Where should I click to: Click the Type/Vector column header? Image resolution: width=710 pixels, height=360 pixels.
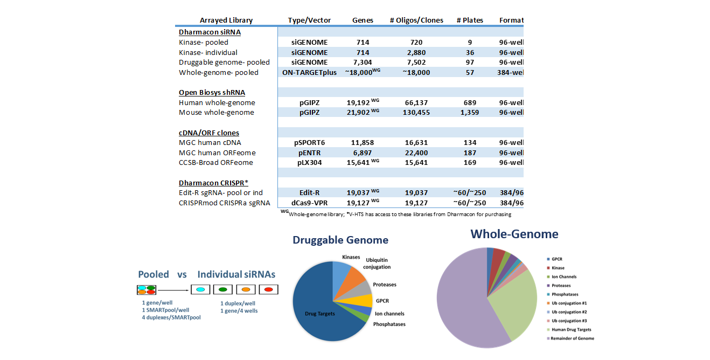click(309, 20)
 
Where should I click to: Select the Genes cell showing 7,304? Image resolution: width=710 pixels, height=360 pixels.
click(363, 63)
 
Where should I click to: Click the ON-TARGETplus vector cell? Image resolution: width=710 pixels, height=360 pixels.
click(309, 72)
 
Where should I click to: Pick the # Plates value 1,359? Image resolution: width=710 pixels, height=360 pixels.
click(469, 113)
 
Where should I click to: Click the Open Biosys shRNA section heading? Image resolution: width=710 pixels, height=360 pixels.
click(212, 93)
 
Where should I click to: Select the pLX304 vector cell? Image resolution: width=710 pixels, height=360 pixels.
click(310, 162)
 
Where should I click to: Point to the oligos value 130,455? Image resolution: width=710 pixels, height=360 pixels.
click(416, 113)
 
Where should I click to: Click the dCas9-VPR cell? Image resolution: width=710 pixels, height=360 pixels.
click(310, 203)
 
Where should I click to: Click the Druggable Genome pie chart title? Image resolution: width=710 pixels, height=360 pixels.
click(340, 240)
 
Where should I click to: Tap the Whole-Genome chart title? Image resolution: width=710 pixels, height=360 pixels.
click(514, 234)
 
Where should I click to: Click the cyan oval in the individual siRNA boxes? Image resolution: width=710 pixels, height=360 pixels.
click(200, 290)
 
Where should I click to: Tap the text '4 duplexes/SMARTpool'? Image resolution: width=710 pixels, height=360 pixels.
click(171, 318)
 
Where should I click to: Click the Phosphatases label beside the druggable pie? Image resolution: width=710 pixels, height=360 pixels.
click(389, 324)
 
